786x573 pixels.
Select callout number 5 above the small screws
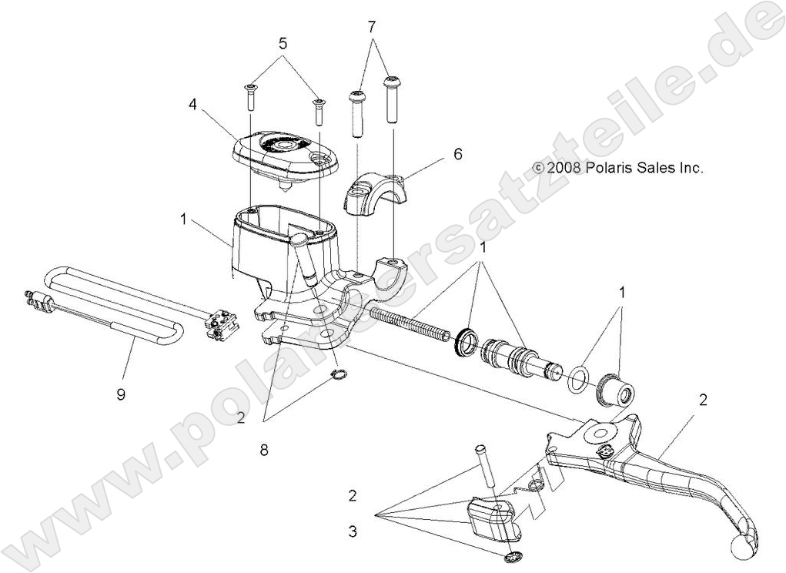283,44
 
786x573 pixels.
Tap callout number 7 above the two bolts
372,27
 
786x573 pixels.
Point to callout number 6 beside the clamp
457,153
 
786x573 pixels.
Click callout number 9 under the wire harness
121,394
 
